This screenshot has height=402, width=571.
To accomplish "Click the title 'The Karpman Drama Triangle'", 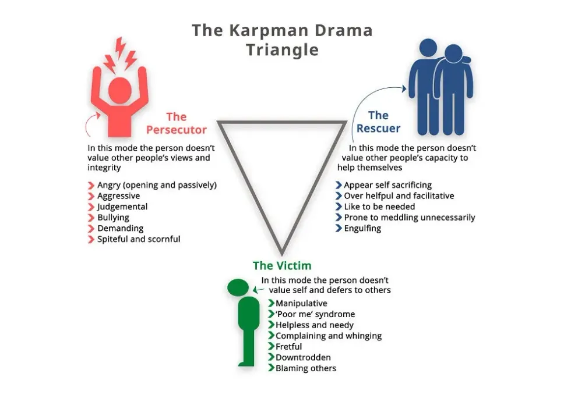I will point(282,40).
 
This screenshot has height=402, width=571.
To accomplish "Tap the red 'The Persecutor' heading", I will point(176,123).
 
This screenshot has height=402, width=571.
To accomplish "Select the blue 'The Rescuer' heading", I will point(378,122).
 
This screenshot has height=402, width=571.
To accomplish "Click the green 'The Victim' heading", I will point(281,266).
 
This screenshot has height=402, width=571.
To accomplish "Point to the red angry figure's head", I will point(119,90).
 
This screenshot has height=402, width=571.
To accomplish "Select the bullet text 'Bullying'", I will point(113,218).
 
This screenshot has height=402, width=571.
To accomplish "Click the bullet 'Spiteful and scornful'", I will point(139,239).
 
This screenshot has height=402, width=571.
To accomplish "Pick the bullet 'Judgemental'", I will point(122,207).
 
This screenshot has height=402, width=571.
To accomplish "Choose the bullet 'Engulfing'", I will point(362,229).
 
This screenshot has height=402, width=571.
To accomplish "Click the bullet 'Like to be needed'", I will point(379,207).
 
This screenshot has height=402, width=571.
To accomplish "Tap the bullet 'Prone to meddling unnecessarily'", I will point(409,218).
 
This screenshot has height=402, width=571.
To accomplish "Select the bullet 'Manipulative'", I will point(301,303).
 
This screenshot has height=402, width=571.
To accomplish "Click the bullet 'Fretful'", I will point(288,347).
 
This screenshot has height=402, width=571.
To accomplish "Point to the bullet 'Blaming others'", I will point(305,368).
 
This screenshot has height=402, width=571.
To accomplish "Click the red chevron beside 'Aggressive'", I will point(91,196).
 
